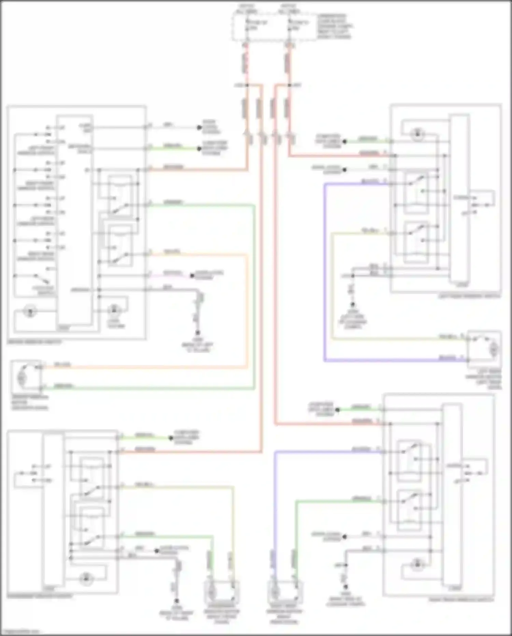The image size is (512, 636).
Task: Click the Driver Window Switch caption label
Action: (34, 342)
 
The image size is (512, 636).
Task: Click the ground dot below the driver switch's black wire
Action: (198, 333)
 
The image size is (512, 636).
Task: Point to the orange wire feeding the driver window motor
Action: (143, 367)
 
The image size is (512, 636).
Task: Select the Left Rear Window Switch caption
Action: (469, 296)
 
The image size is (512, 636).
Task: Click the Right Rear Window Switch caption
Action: (461, 599)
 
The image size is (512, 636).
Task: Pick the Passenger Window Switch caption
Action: (40, 596)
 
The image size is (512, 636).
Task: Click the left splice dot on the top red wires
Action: (247, 85)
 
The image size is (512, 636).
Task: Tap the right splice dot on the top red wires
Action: (289, 85)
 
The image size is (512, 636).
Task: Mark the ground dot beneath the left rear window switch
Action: (353, 304)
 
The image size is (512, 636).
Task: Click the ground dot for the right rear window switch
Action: (345, 586)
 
